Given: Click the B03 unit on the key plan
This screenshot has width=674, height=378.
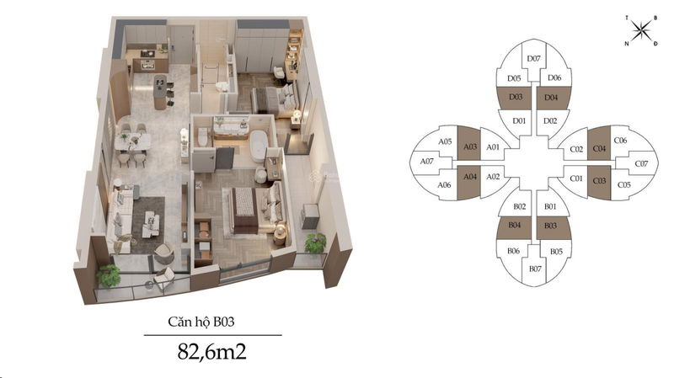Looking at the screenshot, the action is [x=554, y=227].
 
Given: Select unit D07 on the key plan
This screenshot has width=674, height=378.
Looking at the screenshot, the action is [x=534, y=59].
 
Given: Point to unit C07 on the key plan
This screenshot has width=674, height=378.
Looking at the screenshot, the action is [x=639, y=163].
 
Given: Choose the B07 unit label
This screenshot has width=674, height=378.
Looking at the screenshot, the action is [x=535, y=269].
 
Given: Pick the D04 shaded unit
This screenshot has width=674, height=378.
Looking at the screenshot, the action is [x=554, y=98].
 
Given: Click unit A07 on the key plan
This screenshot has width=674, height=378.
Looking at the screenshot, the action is [x=430, y=162].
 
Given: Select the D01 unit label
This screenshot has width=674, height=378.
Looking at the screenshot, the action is [x=519, y=120].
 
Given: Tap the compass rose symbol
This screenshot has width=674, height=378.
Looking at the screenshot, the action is [x=641, y=30].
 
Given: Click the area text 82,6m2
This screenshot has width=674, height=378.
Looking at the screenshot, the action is [x=212, y=351].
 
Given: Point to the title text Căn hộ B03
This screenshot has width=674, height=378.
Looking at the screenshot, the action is [x=201, y=322].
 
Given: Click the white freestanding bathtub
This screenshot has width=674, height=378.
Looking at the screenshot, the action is [x=259, y=146].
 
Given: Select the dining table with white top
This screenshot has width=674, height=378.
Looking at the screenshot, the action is [x=132, y=141].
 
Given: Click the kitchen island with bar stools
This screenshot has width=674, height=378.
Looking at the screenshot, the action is [x=160, y=92].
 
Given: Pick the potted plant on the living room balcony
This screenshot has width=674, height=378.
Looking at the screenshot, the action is [x=108, y=275].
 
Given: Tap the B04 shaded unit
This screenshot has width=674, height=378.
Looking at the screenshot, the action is [x=514, y=227].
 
